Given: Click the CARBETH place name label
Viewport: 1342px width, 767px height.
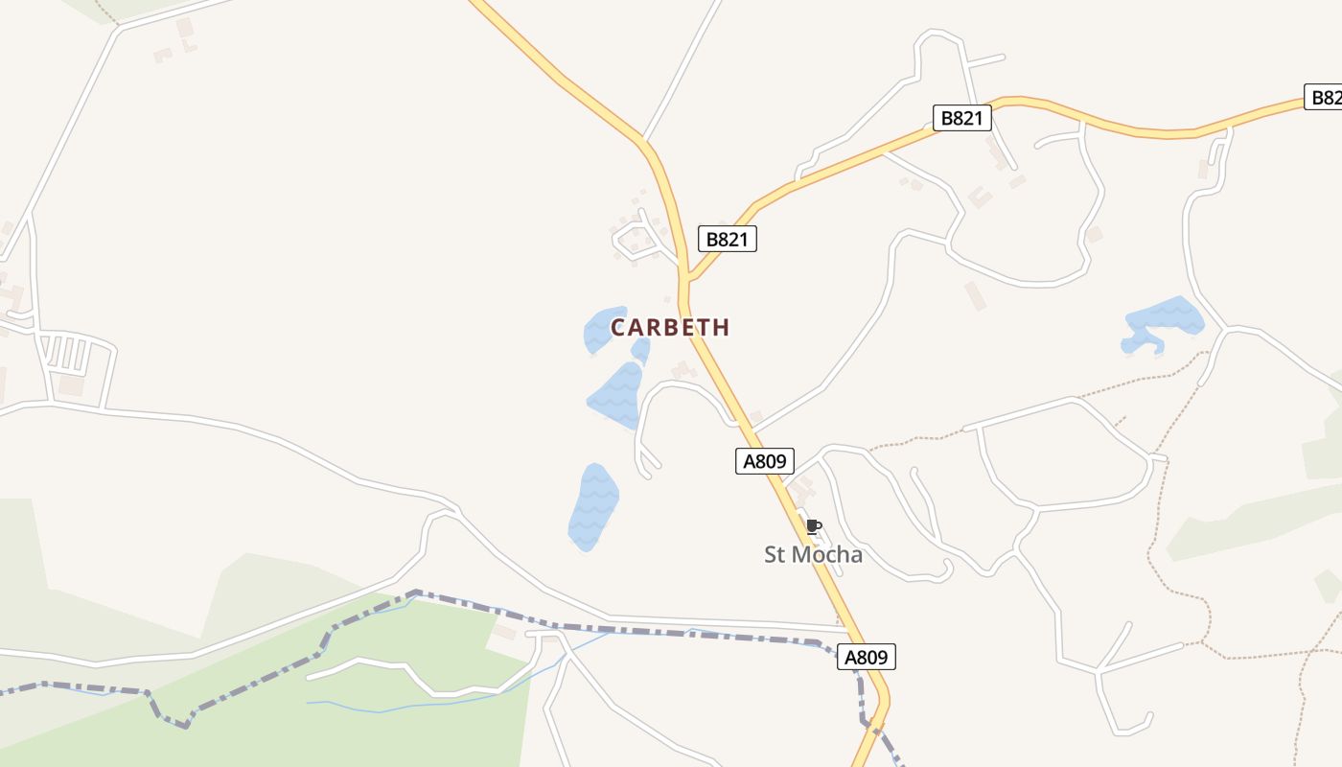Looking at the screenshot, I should pyautogui.click(x=670, y=327).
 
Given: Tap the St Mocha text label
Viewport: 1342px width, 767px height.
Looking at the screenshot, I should pyautogui.click(x=813, y=554).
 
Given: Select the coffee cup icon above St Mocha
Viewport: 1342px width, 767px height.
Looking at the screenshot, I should pyautogui.click(x=813, y=526).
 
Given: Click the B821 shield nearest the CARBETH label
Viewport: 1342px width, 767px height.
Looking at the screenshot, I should pyautogui.click(x=727, y=239).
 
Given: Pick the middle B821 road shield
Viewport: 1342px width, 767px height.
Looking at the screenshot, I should pyautogui.click(x=961, y=118).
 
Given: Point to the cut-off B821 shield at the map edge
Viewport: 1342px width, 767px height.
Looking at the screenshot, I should pyautogui.click(x=1324, y=97).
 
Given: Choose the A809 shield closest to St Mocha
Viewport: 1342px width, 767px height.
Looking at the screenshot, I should pyautogui.click(x=764, y=461).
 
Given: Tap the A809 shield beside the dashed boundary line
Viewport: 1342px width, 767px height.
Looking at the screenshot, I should pyautogui.click(x=867, y=657).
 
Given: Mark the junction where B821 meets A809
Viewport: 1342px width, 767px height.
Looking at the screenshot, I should pyautogui.click(x=687, y=279).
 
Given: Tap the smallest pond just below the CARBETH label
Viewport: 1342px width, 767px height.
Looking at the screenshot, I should pyautogui.click(x=641, y=351).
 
